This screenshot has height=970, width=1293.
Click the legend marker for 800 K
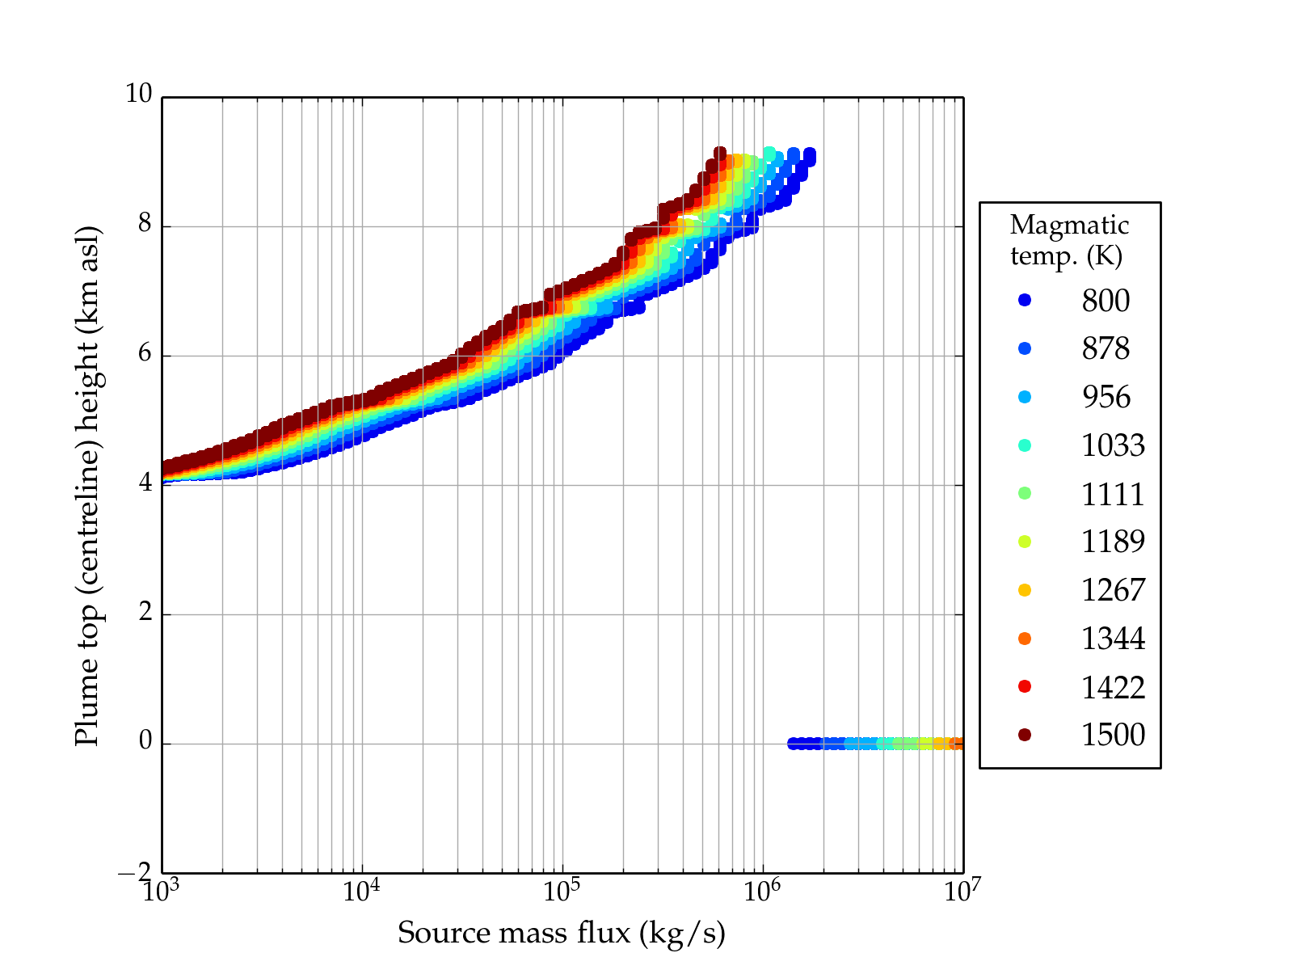pos(1025,300)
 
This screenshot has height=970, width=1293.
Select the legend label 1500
pos(1113,735)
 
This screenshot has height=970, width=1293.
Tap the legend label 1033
pos(1113,445)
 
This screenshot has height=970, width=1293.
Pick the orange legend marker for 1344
pos(1025,639)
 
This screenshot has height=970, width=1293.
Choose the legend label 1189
pos(1113,542)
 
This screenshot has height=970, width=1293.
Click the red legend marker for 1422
pos(1025,686)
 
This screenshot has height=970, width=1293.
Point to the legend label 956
pos(1106,397)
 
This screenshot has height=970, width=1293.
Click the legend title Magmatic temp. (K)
pos(1068,240)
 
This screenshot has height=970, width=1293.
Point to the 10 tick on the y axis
pos(138,95)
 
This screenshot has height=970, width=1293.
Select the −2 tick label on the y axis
pos(134,872)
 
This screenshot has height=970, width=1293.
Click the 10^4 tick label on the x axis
pos(361,891)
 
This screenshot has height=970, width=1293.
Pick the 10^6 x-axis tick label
pos(762,891)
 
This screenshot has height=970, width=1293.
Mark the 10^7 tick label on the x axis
pos(962,891)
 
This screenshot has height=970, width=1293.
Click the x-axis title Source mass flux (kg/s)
pos(561,934)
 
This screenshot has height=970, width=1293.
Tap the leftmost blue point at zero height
pos(793,744)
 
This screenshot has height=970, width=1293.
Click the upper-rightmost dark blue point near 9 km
pos(809,154)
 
